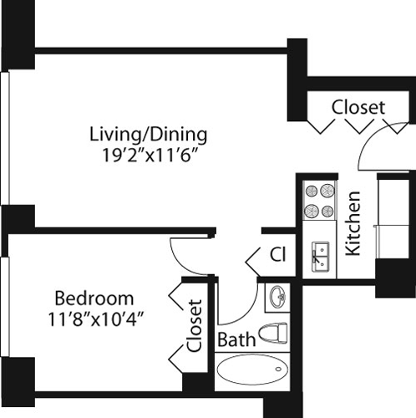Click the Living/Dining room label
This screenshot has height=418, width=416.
coord(149,134)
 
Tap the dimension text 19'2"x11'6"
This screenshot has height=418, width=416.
coord(149,154)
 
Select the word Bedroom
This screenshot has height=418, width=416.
coord(94,298)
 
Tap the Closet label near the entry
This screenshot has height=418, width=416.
coord(358,108)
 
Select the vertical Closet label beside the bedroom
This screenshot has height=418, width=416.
coord(195,325)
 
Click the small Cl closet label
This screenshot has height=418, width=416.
coord(277,253)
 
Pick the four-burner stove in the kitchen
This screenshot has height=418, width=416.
coord(318,201)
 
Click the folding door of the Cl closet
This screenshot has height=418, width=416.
coord(253,259)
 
